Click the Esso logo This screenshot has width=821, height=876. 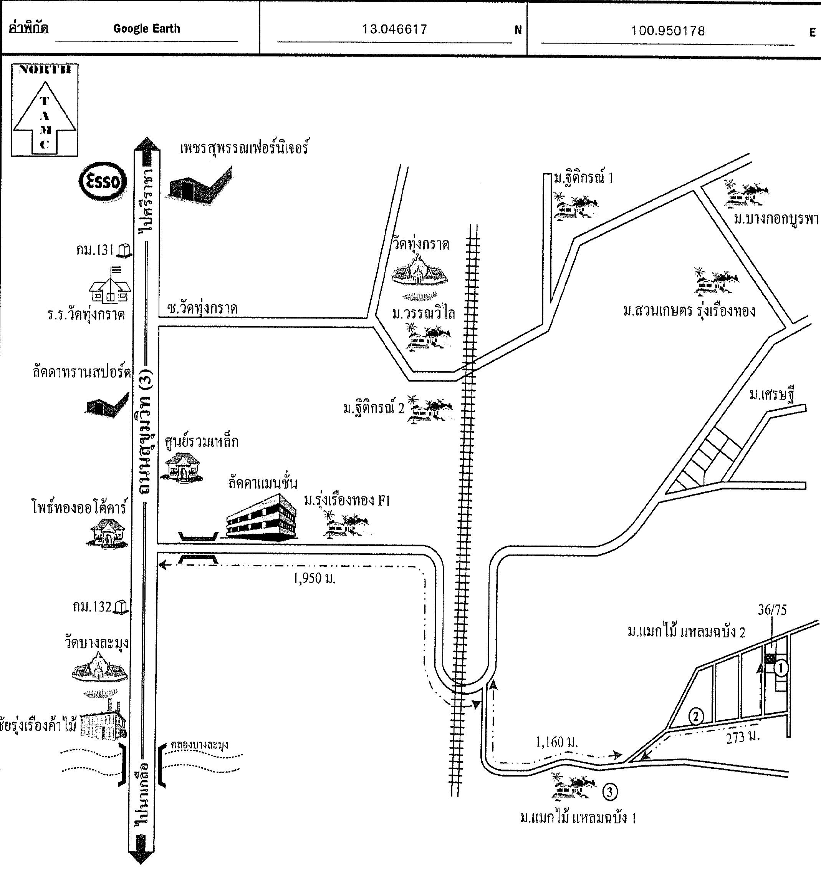pos(103,181)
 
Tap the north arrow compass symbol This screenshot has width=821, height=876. pos(45,110)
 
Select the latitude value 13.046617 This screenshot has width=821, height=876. pos(394,30)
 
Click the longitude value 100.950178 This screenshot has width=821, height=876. pos(668,31)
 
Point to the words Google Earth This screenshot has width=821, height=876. pos(147,29)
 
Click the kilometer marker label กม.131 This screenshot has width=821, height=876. pos(95,250)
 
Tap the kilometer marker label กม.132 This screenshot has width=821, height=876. pos(92,607)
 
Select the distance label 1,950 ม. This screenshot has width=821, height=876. pos(314,579)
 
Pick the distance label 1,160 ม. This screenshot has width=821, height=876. pos(556,742)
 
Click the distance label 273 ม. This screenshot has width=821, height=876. pos(743,737)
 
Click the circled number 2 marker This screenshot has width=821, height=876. pos(695,717)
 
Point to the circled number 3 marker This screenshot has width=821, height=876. pos(609,792)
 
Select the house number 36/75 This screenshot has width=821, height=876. pos(772,610)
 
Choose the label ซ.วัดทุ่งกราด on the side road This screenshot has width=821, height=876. pos(202,308)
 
